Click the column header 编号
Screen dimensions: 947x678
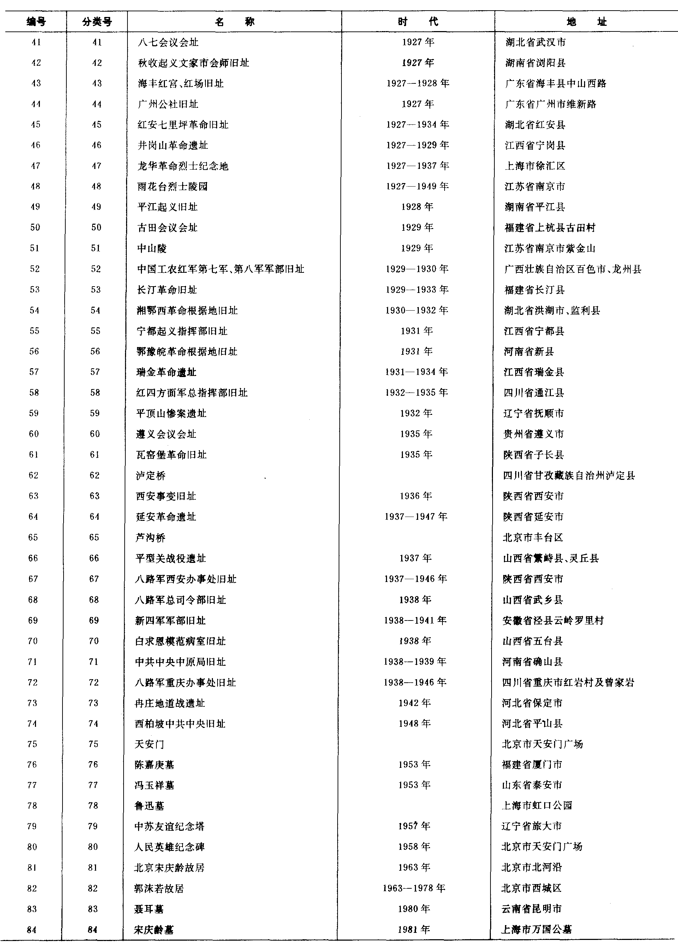[36, 22]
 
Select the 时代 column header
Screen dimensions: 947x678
[418, 22]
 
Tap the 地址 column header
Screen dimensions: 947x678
[586, 22]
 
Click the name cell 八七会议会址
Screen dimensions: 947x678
[168, 42]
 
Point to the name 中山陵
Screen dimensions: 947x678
[152, 248]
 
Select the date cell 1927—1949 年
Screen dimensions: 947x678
[417, 186]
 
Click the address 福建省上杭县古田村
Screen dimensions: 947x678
[550, 228]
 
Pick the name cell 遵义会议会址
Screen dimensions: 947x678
[166, 434]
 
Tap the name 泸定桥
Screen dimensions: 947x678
[151, 476]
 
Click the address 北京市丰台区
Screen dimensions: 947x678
[533, 537]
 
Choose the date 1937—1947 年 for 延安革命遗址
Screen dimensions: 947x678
[416, 517]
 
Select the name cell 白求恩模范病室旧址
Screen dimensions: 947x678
[180, 641]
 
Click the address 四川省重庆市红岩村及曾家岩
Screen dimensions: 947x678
[568, 682]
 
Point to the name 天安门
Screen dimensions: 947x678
[149, 744]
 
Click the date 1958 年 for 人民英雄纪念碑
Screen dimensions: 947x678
[414, 847]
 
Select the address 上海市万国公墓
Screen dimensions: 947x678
[536, 929]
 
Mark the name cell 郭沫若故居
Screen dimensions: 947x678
[159, 888]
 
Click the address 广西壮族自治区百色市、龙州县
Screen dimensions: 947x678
[572, 269]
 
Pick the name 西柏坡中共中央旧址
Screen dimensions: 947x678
[180, 724]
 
